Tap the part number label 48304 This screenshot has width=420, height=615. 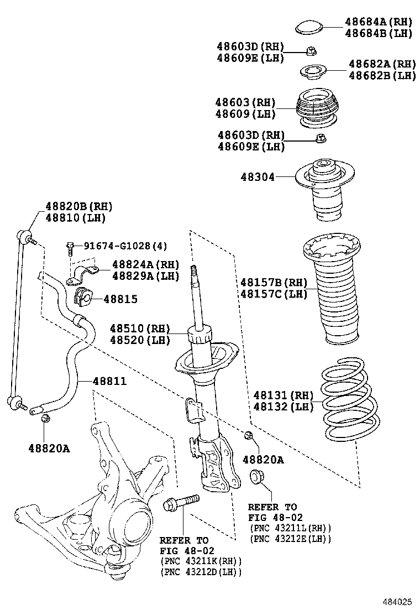pyautogui.click(x=257, y=177)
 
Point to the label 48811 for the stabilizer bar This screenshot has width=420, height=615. pyautogui.click(x=109, y=381)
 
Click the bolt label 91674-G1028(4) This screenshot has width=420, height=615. pyautogui.click(x=125, y=246)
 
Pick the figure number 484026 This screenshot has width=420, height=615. pyautogui.click(x=398, y=601)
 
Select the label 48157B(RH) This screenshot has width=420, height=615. pyautogui.click(x=273, y=282)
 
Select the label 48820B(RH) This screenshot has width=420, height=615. pyautogui.click(x=78, y=206)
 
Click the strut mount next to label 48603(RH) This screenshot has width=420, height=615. pyautogui.click(x=316, y=108)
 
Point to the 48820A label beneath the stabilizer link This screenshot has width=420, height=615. pyautogui.click(x=49, y=448)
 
